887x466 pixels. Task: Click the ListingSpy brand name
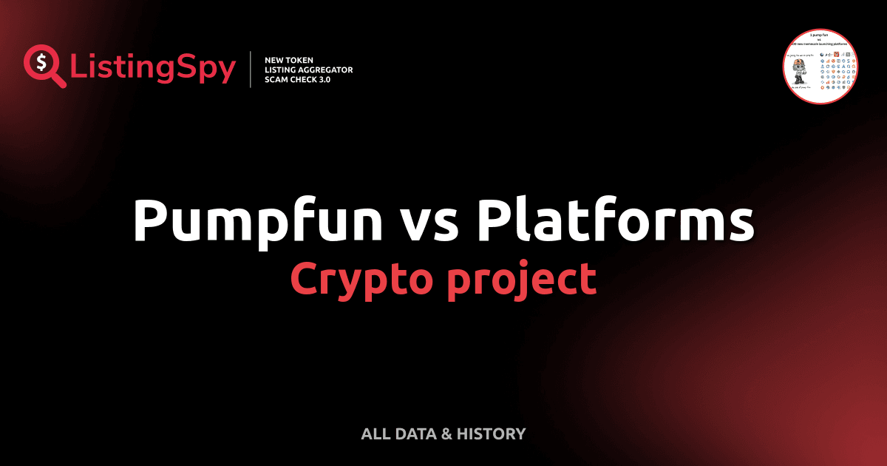(x=152, y=68)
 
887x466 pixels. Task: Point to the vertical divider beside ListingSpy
(x=252, y=69)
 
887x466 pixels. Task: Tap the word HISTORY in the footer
(x=492, y=434)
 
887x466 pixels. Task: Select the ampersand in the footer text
(x=446, y=434)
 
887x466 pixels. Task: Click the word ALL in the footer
(x=375, y=434)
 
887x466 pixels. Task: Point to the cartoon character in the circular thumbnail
(x=798, y=72)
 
